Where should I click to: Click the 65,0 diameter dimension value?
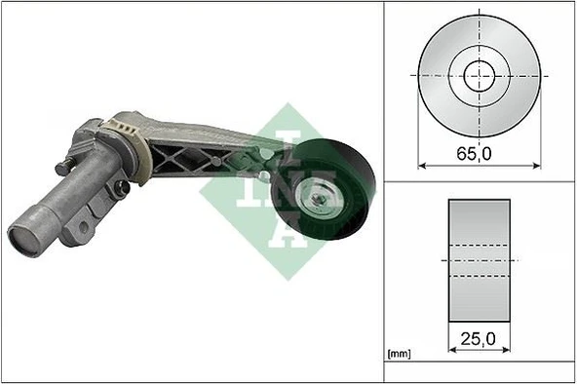pos(479,152)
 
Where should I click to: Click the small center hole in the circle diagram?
pos(479,74)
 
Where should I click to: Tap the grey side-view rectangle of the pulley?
pos(479,261)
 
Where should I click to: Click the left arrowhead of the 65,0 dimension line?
pos(422,164)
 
